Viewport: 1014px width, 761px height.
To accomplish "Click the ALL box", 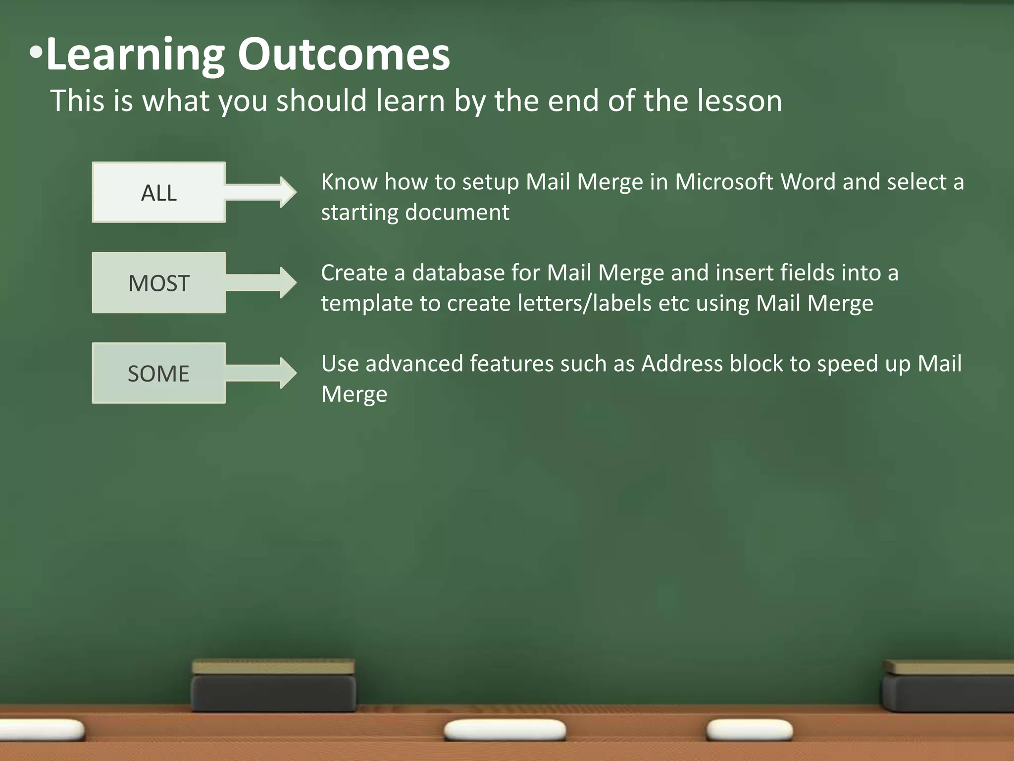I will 158,192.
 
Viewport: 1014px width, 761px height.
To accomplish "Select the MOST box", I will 158,283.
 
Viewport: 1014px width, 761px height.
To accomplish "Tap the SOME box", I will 158,373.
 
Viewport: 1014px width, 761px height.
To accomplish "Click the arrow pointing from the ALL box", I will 262,192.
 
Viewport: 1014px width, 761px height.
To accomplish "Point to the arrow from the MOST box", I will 262,282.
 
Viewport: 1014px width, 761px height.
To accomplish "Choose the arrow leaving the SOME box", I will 262,373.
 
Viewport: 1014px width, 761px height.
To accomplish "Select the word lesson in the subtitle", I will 740,101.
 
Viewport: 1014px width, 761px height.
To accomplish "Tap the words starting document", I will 415,213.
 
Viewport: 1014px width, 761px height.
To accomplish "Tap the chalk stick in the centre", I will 505,730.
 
